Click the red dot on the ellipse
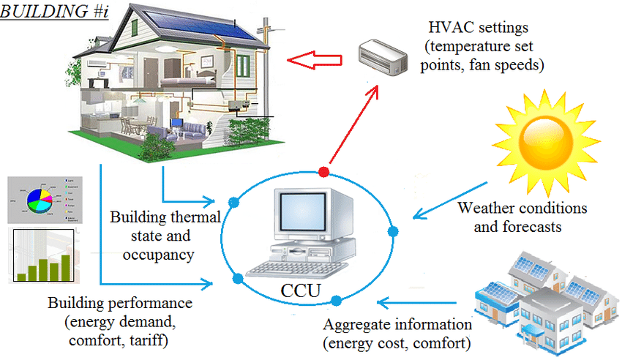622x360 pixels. pos(323,172)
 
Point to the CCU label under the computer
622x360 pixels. pos(300,290)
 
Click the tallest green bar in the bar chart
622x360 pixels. pos(67,267)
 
